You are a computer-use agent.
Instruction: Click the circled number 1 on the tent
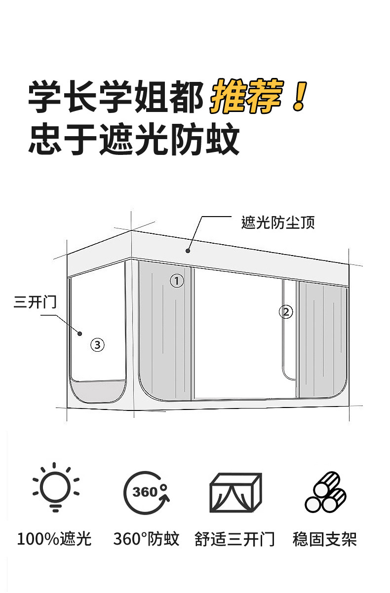point(177,281)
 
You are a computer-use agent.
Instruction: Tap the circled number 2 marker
point(286,312)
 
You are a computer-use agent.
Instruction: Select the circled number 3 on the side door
point(97,344)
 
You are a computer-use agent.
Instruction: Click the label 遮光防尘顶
point(278,223)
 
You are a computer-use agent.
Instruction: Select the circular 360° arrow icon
point(147,492)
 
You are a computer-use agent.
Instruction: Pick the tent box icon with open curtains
point(236,492)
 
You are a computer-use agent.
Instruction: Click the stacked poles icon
point(325,492)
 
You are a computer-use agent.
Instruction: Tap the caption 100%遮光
point(54,539)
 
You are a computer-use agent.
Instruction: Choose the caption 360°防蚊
point(146,539)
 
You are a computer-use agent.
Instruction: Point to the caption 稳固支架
point(324,539)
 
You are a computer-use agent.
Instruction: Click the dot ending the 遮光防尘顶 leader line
point(188,251)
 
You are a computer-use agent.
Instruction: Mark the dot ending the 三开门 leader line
point(79,334)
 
